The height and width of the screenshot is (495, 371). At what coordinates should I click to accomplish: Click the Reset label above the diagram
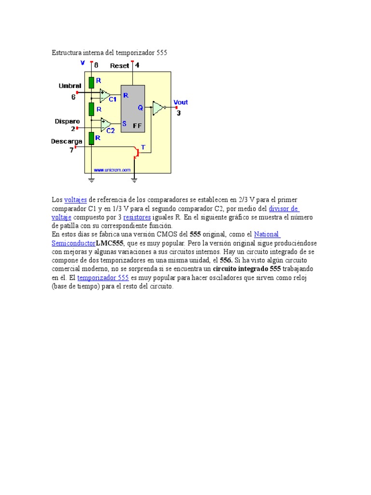[x=119, y=66]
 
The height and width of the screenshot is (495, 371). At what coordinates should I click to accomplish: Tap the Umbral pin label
[x=70, y=86]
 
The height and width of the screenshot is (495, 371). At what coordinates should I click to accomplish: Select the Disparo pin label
[x=67, y=122]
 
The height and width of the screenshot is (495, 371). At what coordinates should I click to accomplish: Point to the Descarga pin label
[x=67, y=141]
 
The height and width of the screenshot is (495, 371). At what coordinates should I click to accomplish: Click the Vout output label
[x=180, y=102]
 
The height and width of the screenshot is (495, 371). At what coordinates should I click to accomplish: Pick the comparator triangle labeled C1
[x=105, y=95]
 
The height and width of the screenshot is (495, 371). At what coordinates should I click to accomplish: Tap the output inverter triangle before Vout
[x=158, y=108]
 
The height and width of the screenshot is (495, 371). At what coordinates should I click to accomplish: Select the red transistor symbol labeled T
[x=137, y=152]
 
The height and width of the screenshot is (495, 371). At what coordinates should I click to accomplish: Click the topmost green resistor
[x=91, y=82]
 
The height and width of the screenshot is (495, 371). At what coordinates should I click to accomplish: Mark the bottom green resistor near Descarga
[x=91, y=138]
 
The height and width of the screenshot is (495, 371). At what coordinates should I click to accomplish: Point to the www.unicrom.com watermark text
[x=112, y=170]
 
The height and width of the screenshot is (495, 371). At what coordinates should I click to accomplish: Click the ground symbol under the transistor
[x=134, y=180]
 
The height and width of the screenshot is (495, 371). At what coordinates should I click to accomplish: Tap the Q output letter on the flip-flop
[x=140, y=108]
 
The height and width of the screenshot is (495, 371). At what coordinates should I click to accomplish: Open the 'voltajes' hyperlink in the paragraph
[x=75, y=200]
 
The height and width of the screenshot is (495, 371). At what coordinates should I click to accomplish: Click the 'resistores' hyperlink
[x=137, y=218]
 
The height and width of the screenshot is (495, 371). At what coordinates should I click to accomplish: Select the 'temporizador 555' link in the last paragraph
[x=103, y=277]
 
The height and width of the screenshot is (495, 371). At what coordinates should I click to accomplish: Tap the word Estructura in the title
[x=66, y=52]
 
